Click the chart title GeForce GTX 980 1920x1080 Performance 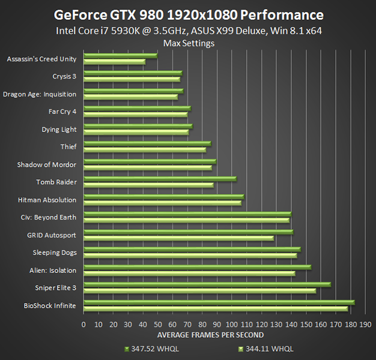click(189, 14)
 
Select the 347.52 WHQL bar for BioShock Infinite click(219, 302)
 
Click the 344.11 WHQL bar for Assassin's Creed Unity click(115, 62)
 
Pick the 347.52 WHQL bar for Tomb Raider click(160, 179)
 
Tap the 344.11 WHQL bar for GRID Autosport click(179, 238)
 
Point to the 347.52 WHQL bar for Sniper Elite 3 click(207, 284)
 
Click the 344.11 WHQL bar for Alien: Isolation click(190, 274)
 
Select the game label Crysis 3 click(64, 77)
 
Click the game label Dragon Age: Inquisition click(40, 94)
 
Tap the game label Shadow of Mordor click(47, 164)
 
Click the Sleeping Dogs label click(55, 253)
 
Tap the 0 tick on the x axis click(84, 325)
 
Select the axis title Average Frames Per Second click(210, 335)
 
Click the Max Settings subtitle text click(189, 43)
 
